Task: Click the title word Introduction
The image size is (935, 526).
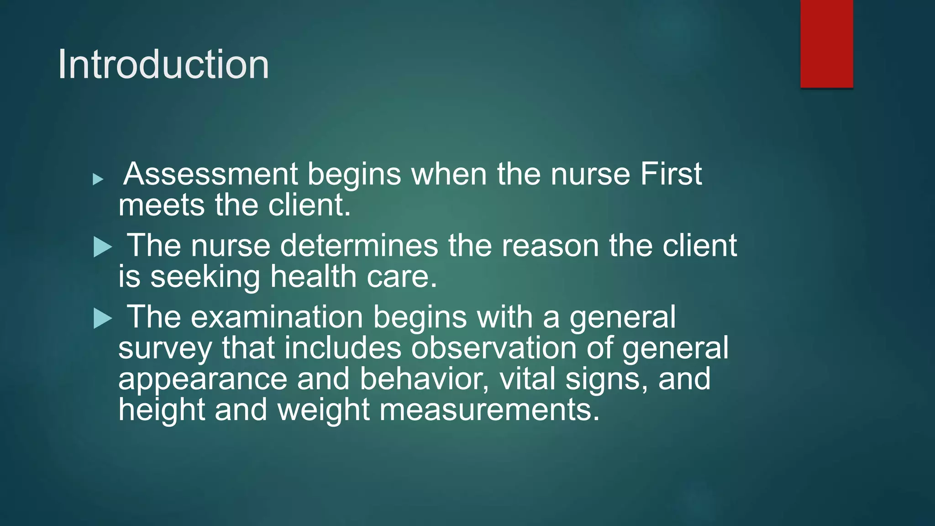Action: point(163,64)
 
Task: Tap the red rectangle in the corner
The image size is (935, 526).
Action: point(826,43)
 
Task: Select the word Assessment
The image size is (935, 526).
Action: point(210,174)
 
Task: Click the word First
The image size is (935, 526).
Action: point(671,174)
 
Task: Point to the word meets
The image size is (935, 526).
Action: point(161,205)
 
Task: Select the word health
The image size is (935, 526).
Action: point(313,277)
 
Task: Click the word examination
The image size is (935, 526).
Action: point(277,317)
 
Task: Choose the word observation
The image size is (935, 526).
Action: point(494,348)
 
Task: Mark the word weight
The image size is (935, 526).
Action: point(323,410)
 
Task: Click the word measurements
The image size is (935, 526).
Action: point(489,410)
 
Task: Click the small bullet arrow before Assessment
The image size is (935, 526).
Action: point(98,179)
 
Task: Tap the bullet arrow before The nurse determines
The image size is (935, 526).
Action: point(103,247)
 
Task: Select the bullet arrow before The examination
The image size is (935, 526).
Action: point(103,318)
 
